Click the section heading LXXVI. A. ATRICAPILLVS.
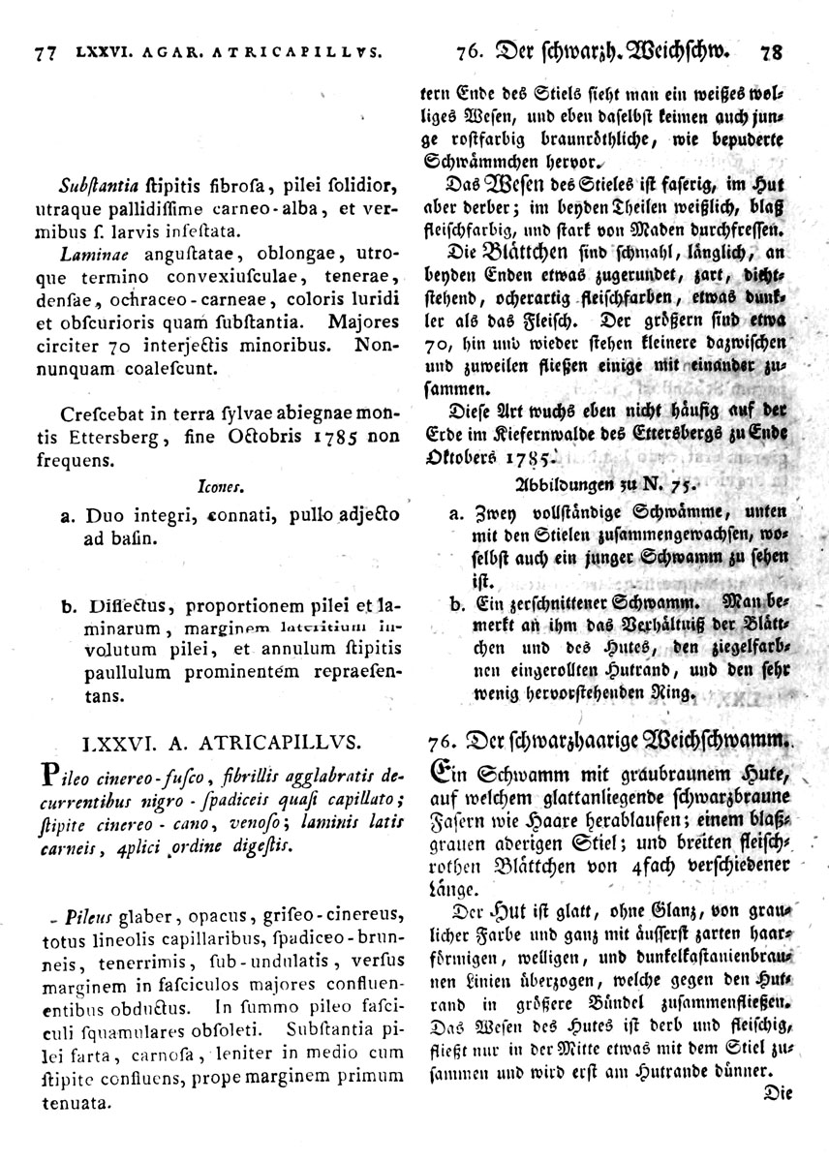click(222, 744)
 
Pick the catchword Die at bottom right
click(779, 1092)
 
